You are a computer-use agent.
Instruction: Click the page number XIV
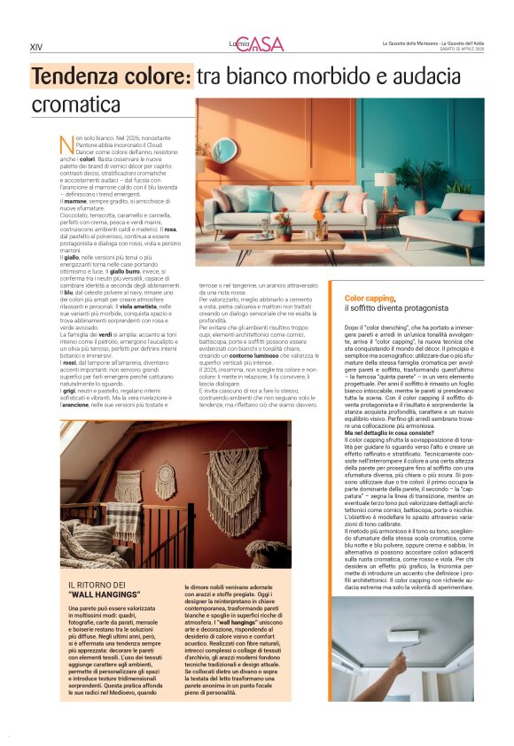[35, 47]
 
